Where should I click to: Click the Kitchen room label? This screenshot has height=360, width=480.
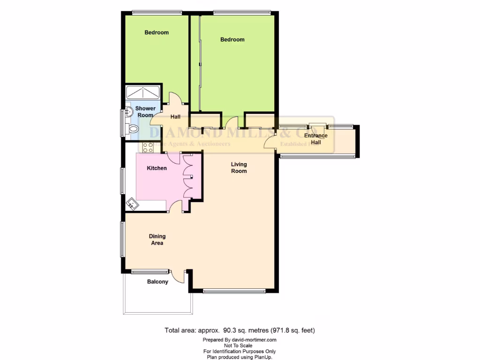pyautogui.click(x=157, y=168)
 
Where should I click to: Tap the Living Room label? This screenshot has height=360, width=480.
pyautogui.click(x=239, y=168)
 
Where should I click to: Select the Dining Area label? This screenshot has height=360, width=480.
pyautogui.click(x=157, y=240)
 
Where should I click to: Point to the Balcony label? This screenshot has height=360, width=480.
pyautogui.click(x=157, y=282)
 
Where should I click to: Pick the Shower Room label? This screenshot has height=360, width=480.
pyautogui.click(x=145, y=112)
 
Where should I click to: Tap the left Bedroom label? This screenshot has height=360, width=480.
pyautogui.click(x=157, y=32)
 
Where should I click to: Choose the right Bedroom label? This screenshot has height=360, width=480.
pyautogui.click(x=232, y=39)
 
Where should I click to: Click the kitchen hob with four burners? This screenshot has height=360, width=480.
pyautogui.click(x=148, y=147)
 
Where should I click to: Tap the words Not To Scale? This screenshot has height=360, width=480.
pyautogui.click(x=240, y=345)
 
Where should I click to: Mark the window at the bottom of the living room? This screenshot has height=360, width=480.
pyautogui.click(x=234, y=291)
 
